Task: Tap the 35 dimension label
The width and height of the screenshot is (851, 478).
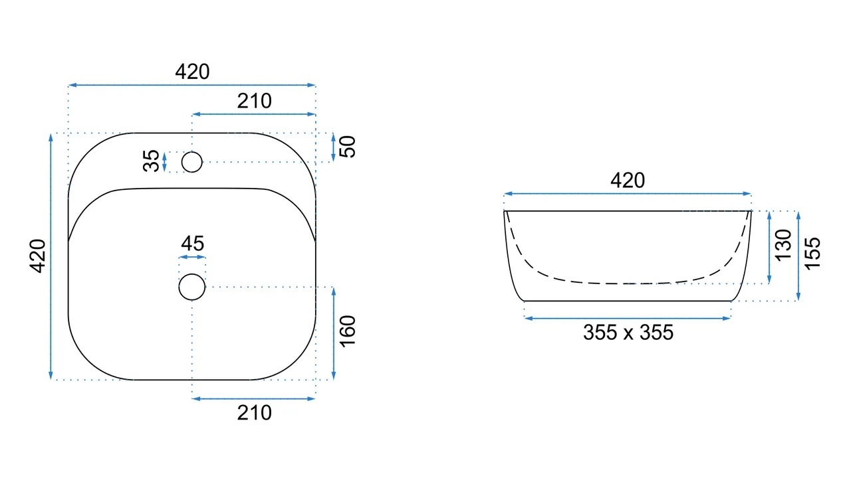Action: click(x=151, y=161)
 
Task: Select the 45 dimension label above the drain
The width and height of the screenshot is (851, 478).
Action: click(x=193, y=244)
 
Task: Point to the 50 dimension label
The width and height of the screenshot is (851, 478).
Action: click(x=348, y=147)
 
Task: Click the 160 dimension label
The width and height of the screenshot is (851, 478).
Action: click(x=348, y=331)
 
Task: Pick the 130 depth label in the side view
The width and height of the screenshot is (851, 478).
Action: click(x=783, y=246)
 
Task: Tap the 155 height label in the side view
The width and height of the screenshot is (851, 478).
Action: click(x=812, y=254)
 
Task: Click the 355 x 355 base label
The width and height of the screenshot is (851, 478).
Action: click(x=628, y=333)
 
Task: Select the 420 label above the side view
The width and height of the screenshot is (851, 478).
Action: click(x=628, y=180)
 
